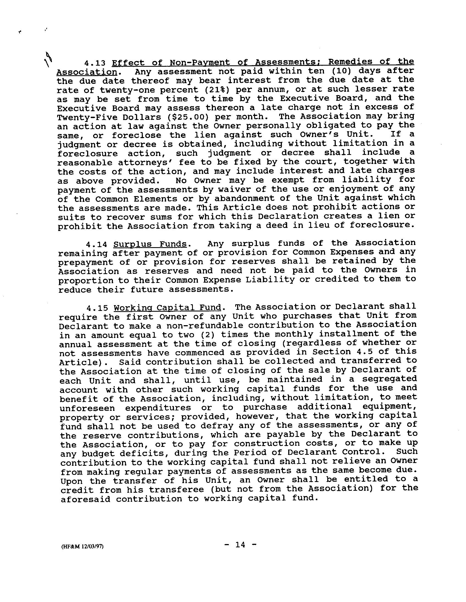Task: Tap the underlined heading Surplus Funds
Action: (x=150, y=244)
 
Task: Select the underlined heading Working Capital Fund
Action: (x=167, y=307)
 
